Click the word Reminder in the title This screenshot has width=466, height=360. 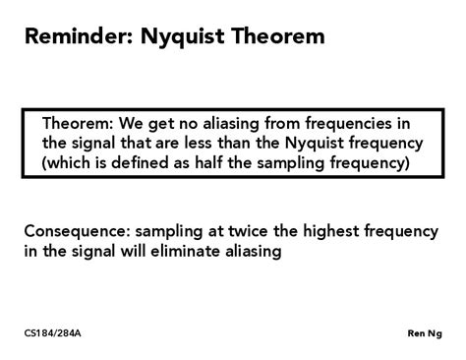coord(78,39)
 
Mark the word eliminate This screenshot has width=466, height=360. coord(195,251)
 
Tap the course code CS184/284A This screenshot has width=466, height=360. coord(53,333)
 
